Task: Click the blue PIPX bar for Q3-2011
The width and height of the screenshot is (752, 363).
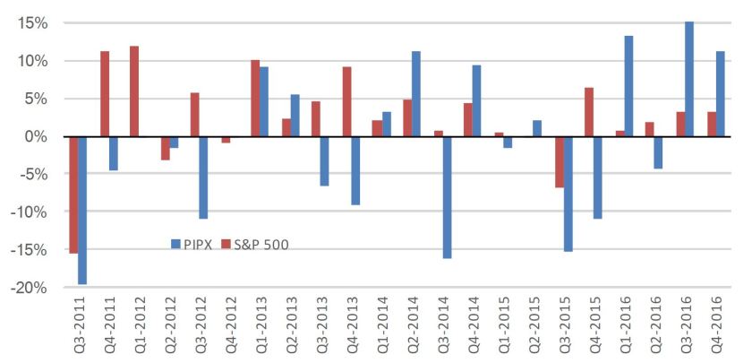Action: pos(82,210)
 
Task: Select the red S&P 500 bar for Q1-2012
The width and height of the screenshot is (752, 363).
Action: pos(134,91)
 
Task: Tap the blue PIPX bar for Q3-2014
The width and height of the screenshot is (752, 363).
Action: pos(447,197)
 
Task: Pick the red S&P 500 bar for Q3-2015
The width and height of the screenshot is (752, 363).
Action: pos(560,162)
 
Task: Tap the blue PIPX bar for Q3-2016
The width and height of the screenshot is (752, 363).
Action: pos(689,79)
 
